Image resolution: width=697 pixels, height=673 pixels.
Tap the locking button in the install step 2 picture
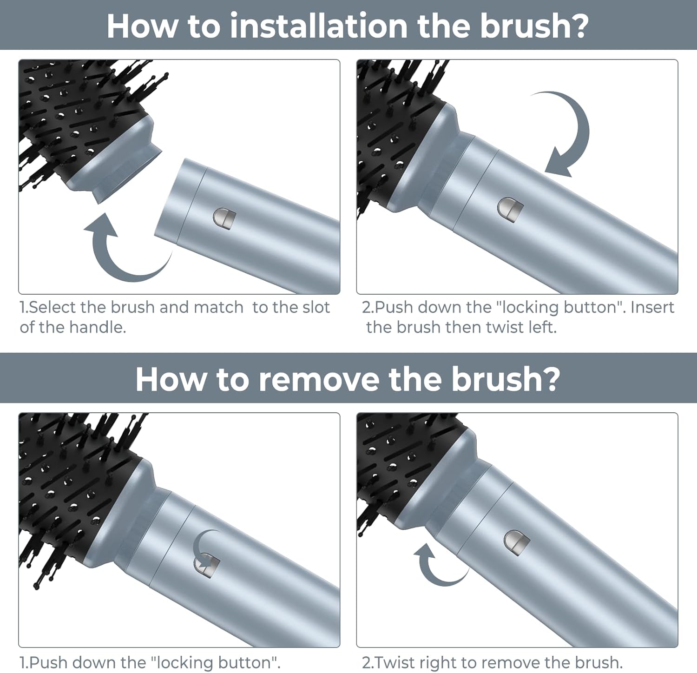(x=510, y=209)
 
